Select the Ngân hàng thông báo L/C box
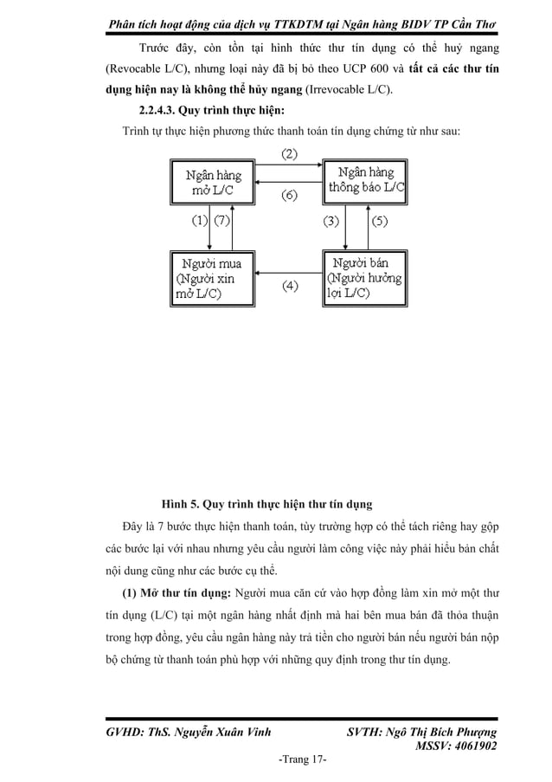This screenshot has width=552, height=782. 366,180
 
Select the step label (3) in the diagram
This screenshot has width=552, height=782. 331,221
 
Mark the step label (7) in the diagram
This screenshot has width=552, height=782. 222,221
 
